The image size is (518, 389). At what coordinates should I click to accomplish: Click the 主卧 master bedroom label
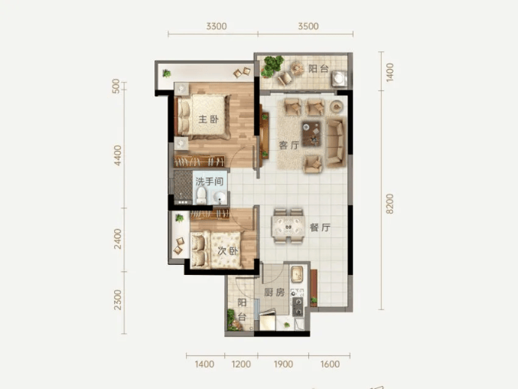point(208,119)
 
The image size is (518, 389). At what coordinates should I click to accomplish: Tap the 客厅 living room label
point(289,145)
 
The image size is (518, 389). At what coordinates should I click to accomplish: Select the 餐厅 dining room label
point(320,227)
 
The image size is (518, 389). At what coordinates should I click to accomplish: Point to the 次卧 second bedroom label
point(227,251)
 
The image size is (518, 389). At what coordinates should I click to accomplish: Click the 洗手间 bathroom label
point(210,181)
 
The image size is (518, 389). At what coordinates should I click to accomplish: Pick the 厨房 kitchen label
point(275,293)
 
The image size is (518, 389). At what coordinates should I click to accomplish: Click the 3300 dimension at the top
point(217,26)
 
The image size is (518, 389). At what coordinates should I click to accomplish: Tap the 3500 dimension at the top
point(308,26)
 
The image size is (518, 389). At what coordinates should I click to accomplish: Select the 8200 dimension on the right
point(389,204)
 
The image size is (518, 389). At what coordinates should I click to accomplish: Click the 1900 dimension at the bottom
point(283,364)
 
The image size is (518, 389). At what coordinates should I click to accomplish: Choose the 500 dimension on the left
point(116,86)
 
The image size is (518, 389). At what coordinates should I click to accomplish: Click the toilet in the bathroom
point(201,196)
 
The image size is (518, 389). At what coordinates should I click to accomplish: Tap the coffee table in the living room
point(311,133)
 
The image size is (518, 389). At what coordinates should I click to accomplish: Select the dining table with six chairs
point(288,227)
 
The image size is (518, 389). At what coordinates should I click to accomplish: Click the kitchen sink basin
point(297,274)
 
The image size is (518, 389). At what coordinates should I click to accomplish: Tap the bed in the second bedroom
point(216,250)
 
